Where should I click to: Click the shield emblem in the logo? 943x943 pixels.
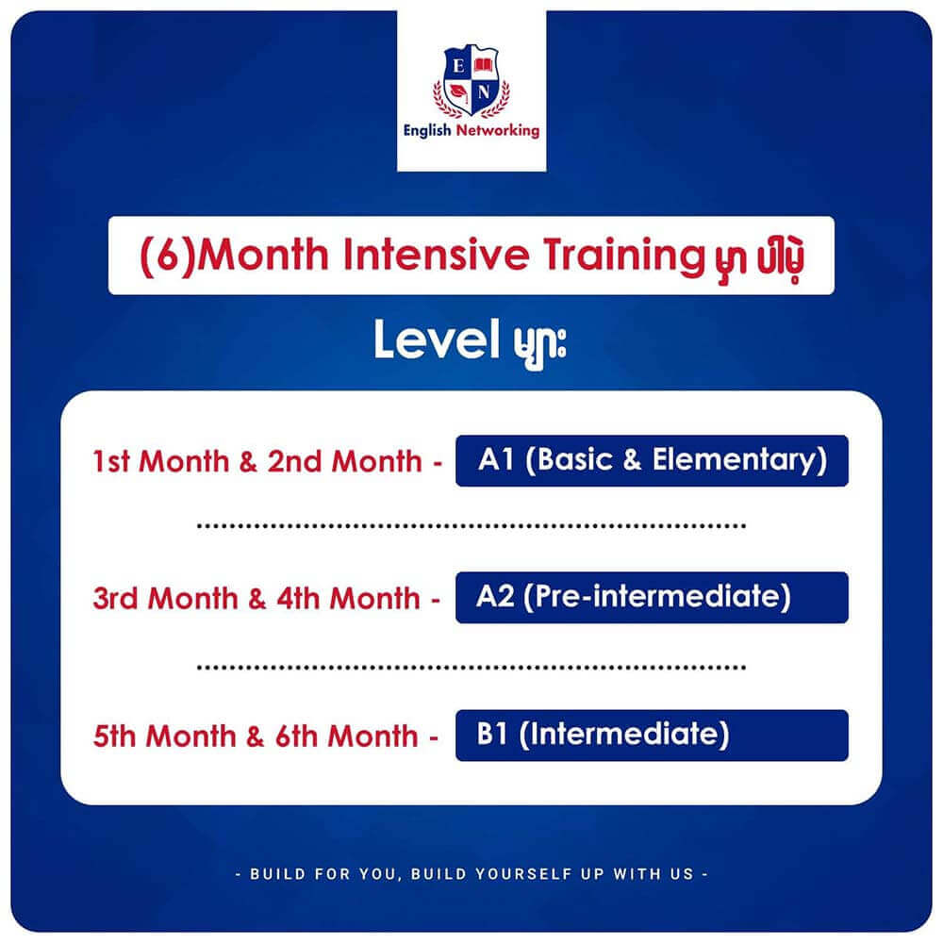(471, 80)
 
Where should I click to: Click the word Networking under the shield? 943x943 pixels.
(498, 130)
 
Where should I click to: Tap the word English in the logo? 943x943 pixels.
(427, 130)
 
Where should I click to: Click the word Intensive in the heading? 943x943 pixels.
(437, 254)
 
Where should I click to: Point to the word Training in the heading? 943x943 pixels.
(623, 256)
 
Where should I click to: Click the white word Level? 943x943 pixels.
(437, 339)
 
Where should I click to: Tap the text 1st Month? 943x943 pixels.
(161, 462)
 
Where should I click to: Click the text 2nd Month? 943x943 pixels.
(344, 462)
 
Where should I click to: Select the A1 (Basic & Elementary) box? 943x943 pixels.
(652, 461)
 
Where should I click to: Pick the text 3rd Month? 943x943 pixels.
(165, 599)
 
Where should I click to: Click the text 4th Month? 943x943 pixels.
(348, 599)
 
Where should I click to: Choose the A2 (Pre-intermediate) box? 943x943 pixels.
(652, 597)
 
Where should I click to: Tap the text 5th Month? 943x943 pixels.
(164, 736)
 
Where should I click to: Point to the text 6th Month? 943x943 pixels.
(346, 736)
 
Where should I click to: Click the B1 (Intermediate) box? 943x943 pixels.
(652, 735)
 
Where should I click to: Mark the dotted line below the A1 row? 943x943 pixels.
(471, 526)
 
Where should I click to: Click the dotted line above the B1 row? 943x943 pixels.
(471, 668)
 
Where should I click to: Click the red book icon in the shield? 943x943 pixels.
(484, 65)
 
